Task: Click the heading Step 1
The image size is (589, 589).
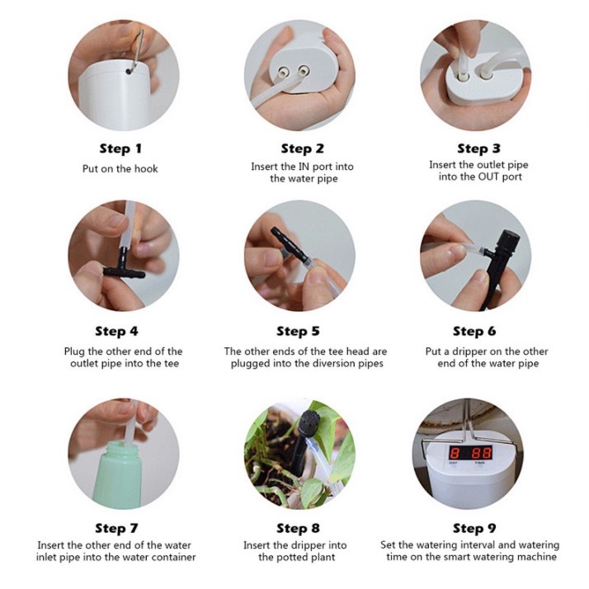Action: tap(120, 148)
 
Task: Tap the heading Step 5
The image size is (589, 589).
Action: tap(298, 332)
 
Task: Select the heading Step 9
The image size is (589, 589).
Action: tap(474, 528)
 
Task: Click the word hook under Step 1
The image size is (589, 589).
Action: tap(146, 168)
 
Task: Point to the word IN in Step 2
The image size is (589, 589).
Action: tap(304, 167)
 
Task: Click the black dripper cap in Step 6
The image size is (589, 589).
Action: tap(508, 240)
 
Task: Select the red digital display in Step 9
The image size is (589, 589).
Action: tap(471, 453)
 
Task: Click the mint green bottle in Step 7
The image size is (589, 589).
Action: tap(117, 474)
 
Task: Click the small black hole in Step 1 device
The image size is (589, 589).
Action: tap(129, 71)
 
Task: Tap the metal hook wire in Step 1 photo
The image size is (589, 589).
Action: tap(138, 49)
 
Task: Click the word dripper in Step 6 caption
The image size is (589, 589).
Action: tap(470, 351)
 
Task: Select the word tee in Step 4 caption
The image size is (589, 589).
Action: tap(172, 364)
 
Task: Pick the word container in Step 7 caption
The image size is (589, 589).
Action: tap(174, 557)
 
